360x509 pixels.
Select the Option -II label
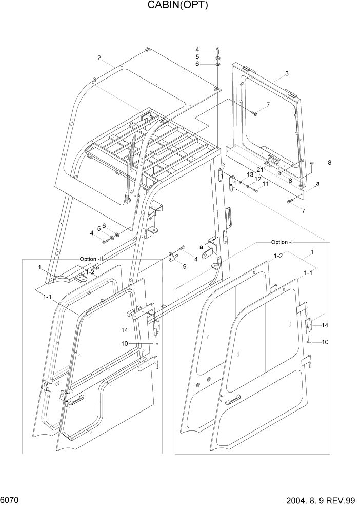click(x=92, y=259)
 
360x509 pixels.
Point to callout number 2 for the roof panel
click(x=99, y=57)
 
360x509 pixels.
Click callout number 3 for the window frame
click(x=287, y=73)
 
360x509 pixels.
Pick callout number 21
click(x=260, y=170)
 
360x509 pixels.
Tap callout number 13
click(x=250, y=175)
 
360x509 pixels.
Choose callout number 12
click(x=257, y=179)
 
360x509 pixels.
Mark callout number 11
click(x=265, y=184)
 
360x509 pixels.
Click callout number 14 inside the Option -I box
click(x=326, y=325)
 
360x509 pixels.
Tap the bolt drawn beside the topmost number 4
click(x=218, y=50)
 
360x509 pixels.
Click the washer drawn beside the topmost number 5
click(x=218, y=57)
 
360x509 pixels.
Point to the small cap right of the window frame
click(x=311, y=163)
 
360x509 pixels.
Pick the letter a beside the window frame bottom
click(x=318, y=183)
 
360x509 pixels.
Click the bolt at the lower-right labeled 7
click(x=291, y=202)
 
